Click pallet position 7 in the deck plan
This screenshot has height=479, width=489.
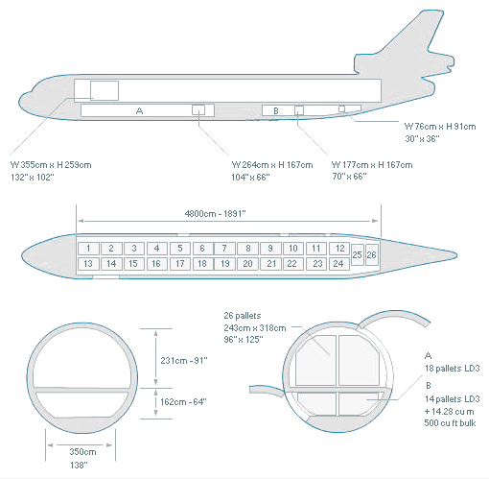[x=224, y=249]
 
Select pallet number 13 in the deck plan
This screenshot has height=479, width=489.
[x=88, y=264]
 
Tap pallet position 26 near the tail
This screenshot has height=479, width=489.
[x=372, y=254]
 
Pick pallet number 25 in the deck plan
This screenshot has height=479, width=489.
[x=358, y=254]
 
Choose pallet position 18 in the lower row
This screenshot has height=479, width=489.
[x=202, y=264]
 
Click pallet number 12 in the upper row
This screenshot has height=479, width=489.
[x=339, y=249]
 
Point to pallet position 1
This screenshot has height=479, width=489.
[x=88, y=249]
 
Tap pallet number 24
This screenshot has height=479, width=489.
[x=339, y=264]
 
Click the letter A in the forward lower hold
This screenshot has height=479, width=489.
[x=139, y=110]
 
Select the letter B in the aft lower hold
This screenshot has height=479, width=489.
[x=276, y=110]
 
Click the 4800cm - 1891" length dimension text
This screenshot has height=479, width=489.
[x=215, y=213]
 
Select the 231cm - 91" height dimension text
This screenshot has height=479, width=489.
[x=184, y=361]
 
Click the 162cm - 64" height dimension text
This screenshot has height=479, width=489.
[x=183, y=402]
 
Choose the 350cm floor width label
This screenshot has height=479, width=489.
[x=82, y=452]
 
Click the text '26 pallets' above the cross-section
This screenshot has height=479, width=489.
[x=243, y=316]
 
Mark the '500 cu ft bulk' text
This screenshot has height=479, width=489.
[x=450, y=423]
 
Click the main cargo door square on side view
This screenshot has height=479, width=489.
[x=105, y=91]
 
